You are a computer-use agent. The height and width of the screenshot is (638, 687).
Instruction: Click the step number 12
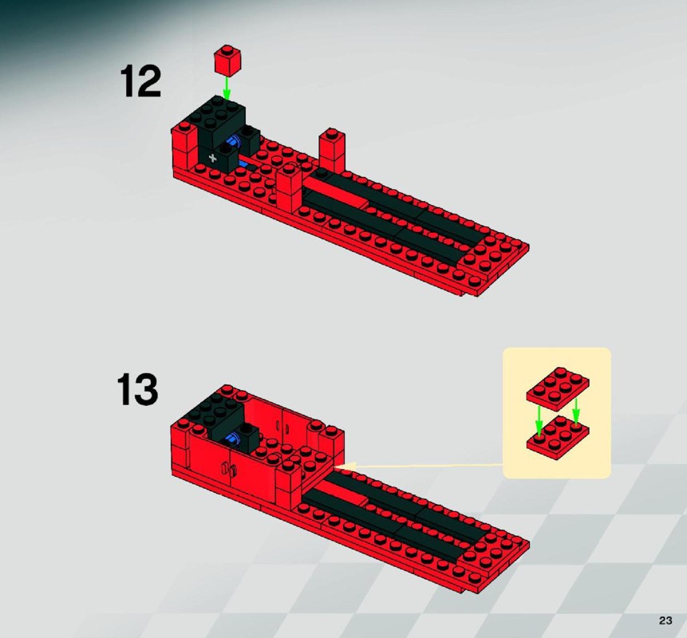coord(140,81)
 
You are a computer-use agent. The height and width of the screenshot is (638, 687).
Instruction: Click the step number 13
coord(137,389)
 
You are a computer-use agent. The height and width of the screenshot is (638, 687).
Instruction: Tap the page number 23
coord(665,620)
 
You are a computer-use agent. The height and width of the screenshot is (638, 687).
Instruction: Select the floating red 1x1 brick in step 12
coord(227,59)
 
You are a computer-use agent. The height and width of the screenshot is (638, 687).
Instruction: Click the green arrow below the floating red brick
coord(227,88)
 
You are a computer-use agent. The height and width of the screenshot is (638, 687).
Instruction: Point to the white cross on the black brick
coord(213,158)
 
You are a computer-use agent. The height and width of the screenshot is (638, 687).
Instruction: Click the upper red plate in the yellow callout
coord(558,389)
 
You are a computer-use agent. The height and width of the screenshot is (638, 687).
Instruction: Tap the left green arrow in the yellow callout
coord(539,420)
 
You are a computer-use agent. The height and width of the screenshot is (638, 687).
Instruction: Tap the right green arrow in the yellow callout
coord(576,412)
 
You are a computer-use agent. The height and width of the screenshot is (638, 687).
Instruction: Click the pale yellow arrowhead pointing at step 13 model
coord(342,467)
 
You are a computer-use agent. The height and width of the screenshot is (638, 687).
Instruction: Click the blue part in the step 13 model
coord(233,439)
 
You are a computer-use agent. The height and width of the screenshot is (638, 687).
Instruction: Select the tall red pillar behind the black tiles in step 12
coord(332,150)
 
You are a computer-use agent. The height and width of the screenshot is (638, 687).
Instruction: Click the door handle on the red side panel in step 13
coord(229,471)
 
